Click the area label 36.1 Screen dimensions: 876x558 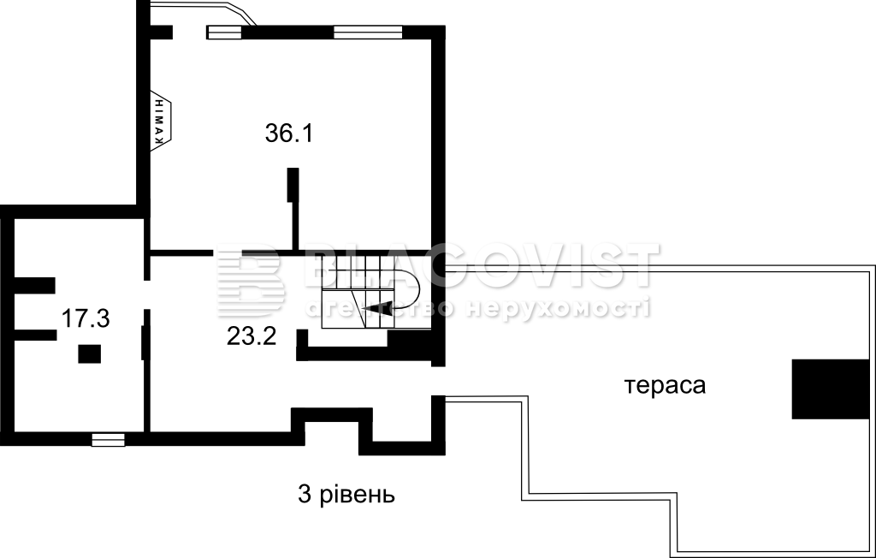tap(288, 134)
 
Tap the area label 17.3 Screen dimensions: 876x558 tap(86, 318)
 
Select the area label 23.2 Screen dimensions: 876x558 tap(252, 336)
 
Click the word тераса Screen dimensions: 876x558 tap(665, 385)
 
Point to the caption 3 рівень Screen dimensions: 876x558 tap(346, 495)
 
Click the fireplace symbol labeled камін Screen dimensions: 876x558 tap(162, 120)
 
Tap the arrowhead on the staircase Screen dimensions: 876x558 tap(377, 307)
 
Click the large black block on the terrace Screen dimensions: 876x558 tap(831, 389)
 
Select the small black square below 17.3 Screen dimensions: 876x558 tap(89, 354)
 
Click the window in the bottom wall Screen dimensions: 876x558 tap(109, 440)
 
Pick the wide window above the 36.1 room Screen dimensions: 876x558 tap(368, 33)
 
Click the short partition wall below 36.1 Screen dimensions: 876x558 tap(293, 209)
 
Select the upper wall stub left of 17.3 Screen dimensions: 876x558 tap(34, 285)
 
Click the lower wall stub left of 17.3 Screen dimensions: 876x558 tap(34, 335)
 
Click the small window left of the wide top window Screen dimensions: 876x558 tap(225, 33)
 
